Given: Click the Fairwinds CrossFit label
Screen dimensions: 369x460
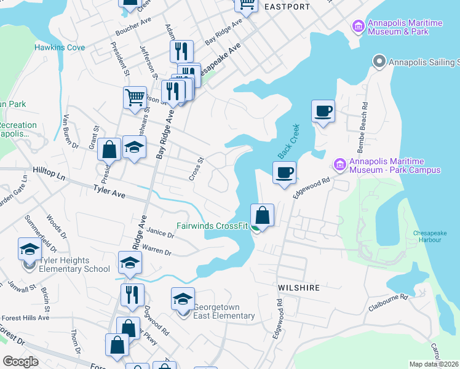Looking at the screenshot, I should pyautogui.click(x=212, y=226).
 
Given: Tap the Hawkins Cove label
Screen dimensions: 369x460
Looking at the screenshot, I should pyautogui.click(x=60, y=47).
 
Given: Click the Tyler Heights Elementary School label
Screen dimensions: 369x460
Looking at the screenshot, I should pyautogui.click(x=74, y=265).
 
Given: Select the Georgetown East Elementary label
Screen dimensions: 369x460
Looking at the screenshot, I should pyautogui.click(x=224, y=312).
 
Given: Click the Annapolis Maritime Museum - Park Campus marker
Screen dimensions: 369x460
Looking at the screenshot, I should pyautogui.click(x=339, y=165).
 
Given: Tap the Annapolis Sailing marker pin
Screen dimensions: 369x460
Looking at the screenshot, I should pyautogui.click(x=379, y=62).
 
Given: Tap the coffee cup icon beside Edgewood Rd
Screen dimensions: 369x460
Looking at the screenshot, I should pyautogui.click(x=284, y=173).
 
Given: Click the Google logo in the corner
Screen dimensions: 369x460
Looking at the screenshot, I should pyautogui.click(x=20, y=362).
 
